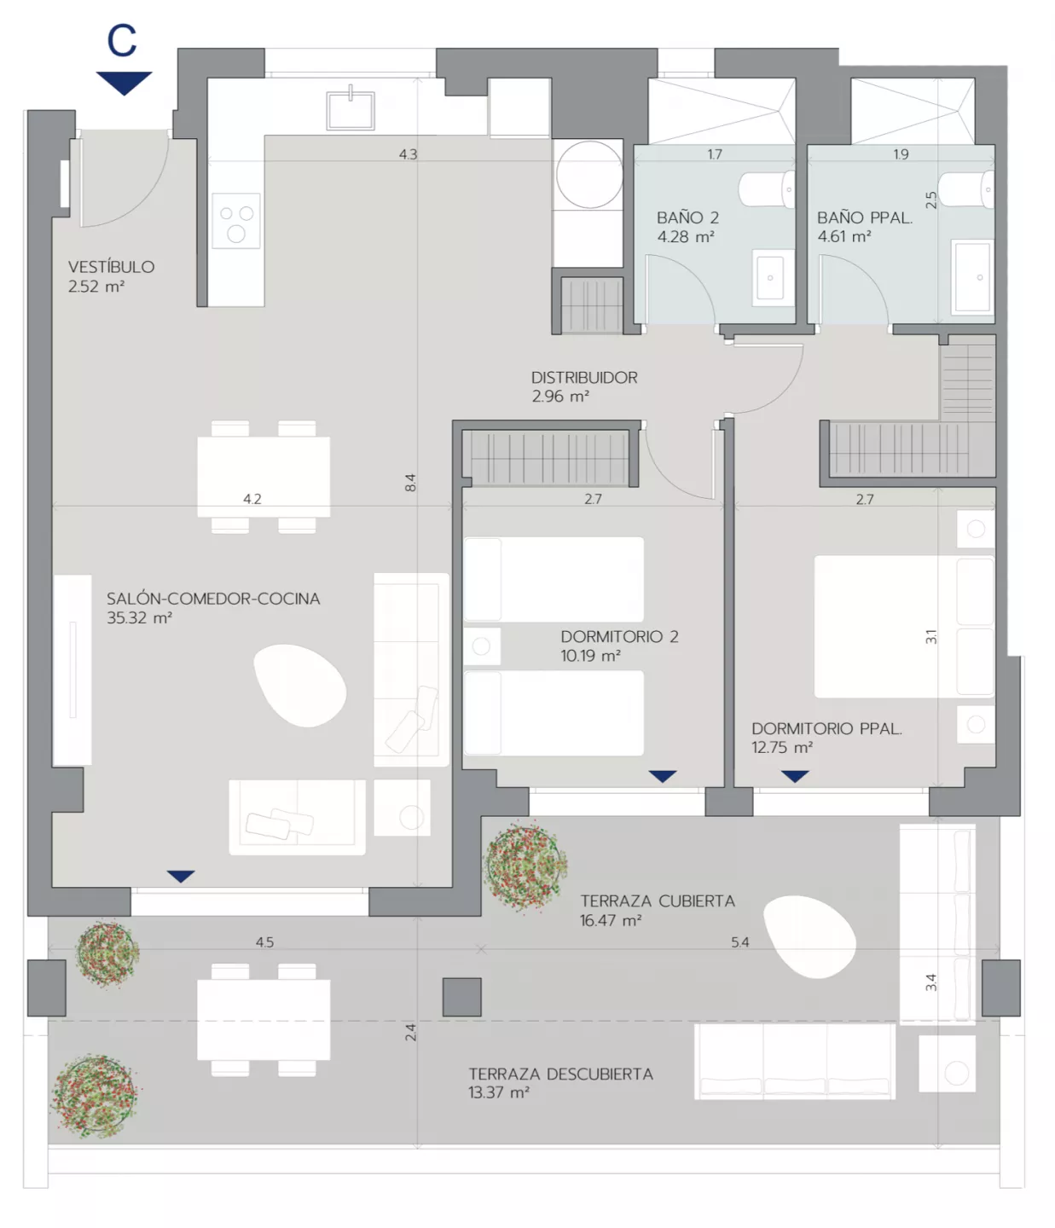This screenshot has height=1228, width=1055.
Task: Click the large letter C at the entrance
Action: click(x=122, y=41)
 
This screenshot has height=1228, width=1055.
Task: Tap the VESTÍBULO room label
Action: click(x=111, y=267)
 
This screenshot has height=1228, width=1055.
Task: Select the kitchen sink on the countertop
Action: click(x=350, y=111)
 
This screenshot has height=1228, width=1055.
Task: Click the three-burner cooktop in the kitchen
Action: click(x=236, y=220)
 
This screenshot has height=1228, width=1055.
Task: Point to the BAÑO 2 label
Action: click(x=688, y=218)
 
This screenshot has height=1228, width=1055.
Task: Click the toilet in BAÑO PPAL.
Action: click(x=966, y=189)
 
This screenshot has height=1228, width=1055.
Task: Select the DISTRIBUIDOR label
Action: click(x=584, y=377)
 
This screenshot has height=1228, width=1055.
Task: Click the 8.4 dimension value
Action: click(x=410, y=483)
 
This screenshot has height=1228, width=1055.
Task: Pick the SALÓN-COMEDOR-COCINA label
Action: click(x=213, y=599)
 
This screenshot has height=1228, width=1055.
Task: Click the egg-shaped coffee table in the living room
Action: click(x=299, y=685)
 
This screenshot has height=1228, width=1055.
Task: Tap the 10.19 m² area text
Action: click(x=590, y=656)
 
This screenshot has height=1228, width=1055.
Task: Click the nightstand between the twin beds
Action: click(x=482, y=646)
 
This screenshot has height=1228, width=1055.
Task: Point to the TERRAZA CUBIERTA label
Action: click(x=658, y=901)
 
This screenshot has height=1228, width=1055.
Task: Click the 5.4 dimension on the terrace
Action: click(x=739, y=941)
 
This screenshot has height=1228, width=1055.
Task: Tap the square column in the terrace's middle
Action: click(x=461, y=998)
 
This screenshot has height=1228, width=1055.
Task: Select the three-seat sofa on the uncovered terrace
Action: click(x=795, y=1061)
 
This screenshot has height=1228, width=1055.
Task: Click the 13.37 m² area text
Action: click(x=498, y=1092)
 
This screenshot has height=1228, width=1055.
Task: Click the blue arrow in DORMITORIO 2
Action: click(x=663, y=776)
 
